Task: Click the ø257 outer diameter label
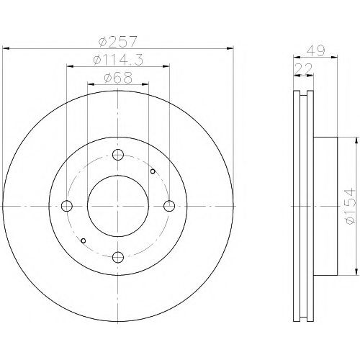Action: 118,42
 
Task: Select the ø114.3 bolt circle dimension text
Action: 118,59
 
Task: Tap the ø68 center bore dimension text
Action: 118,77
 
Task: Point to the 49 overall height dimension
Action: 316,50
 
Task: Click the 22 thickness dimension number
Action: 303,68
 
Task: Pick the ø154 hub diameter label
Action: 349,207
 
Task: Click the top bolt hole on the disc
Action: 118,155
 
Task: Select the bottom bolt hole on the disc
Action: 118,257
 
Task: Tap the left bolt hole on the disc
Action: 67,206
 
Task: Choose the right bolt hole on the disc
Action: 169,206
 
